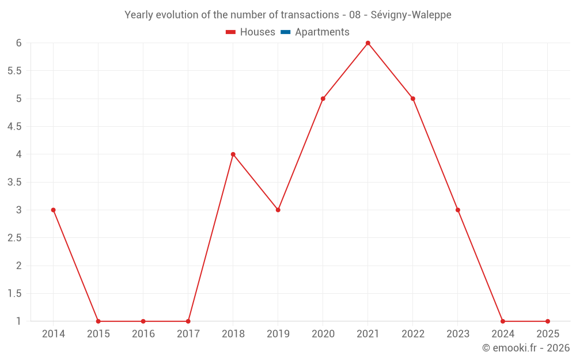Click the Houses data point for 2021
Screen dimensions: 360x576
[368, 43]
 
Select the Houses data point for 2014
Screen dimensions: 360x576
[54, 210]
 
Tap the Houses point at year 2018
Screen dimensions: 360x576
[233, 154]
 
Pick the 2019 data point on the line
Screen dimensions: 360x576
[278, 210]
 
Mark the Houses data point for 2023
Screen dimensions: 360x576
[458, 210]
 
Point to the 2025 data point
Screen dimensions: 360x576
[548, 321]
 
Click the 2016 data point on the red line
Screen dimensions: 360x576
[143, 321]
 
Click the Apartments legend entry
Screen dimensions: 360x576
[322, 32]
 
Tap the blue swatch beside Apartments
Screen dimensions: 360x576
[285, 32]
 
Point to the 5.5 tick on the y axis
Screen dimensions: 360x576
[14, 71]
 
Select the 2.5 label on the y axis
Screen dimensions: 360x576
[14, 238]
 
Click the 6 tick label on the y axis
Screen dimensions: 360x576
[18, 43]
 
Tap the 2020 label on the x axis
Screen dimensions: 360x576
[323, 334]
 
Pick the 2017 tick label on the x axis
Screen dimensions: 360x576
[188, 334]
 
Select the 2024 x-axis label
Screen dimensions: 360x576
[503, 334]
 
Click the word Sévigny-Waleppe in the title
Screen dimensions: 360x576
[411, 15]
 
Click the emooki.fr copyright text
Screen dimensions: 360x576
[526, 348]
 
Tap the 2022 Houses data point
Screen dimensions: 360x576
[413, 98]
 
